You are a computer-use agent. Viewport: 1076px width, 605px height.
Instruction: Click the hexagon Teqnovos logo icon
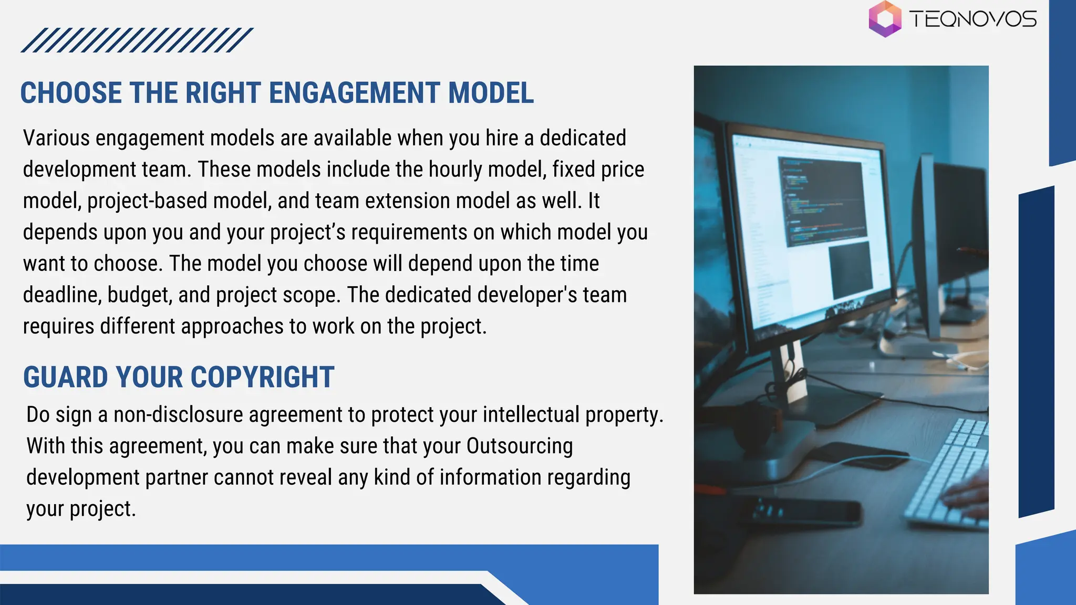pos(885,19)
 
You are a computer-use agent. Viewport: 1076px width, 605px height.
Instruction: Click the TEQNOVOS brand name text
pos(973,20)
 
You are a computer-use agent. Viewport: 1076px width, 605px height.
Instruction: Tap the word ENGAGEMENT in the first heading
pos(355,93)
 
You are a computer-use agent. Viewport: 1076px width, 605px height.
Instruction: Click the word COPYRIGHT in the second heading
pos(262,377)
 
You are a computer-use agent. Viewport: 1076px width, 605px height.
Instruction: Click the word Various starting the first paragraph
pos(56,138)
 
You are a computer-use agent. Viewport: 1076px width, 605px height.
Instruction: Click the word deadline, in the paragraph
pos(62,295)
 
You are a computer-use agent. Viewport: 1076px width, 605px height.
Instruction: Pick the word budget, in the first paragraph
pos(140,295)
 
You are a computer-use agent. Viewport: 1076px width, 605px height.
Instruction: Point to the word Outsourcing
pos(519,446)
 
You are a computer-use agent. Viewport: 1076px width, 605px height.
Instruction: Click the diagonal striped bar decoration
pos(137,40)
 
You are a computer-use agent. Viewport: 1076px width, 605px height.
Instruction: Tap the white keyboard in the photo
pos(946,473)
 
